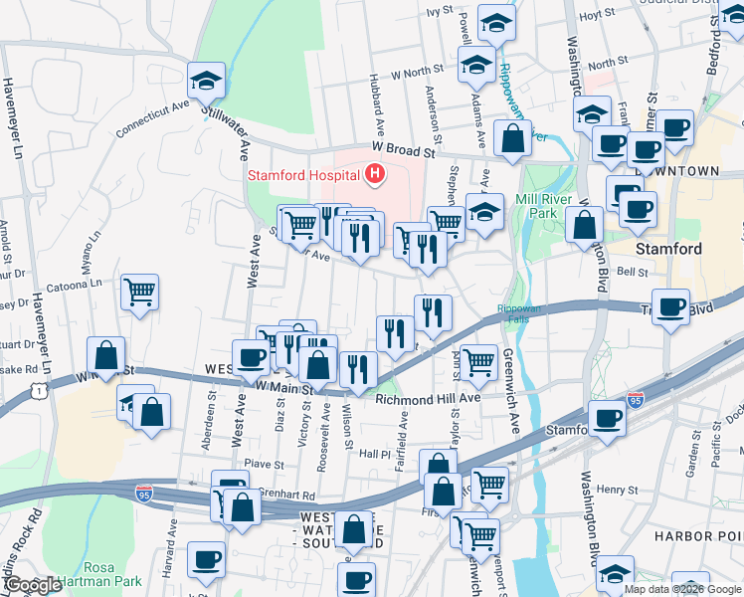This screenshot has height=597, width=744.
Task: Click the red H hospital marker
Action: tap(375, 176)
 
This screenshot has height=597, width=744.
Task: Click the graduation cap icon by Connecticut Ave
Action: tap(207, 82)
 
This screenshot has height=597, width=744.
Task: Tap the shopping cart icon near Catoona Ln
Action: tap(140, 292)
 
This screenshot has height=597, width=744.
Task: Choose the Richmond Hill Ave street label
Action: tap(429, 398)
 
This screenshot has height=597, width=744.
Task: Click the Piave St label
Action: tap(265, 463)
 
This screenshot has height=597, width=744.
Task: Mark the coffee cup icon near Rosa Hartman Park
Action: tap(206, 559)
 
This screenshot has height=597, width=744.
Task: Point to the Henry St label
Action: tap(617, 489)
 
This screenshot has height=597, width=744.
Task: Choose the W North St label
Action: tap(418, 72)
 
